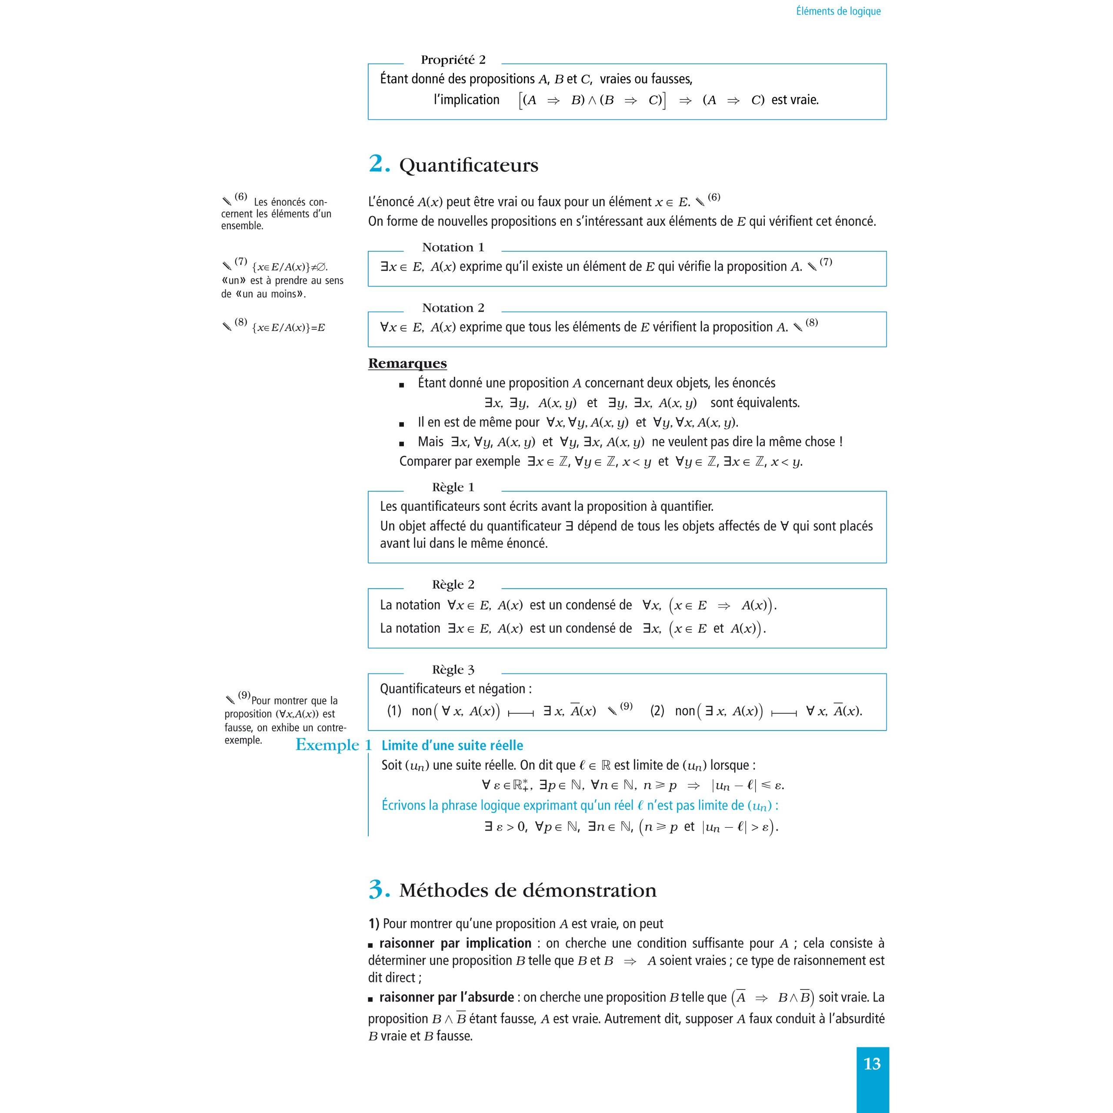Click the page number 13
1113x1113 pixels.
872,1063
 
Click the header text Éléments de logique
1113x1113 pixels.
838,11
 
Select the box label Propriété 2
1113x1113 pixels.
453,60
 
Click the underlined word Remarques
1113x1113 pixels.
407,363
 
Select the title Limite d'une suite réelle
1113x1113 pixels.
452,746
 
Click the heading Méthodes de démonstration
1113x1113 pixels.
528,891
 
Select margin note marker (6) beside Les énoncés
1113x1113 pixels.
240,197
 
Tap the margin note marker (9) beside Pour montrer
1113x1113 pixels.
243,695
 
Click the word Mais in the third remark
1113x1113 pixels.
430,442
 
